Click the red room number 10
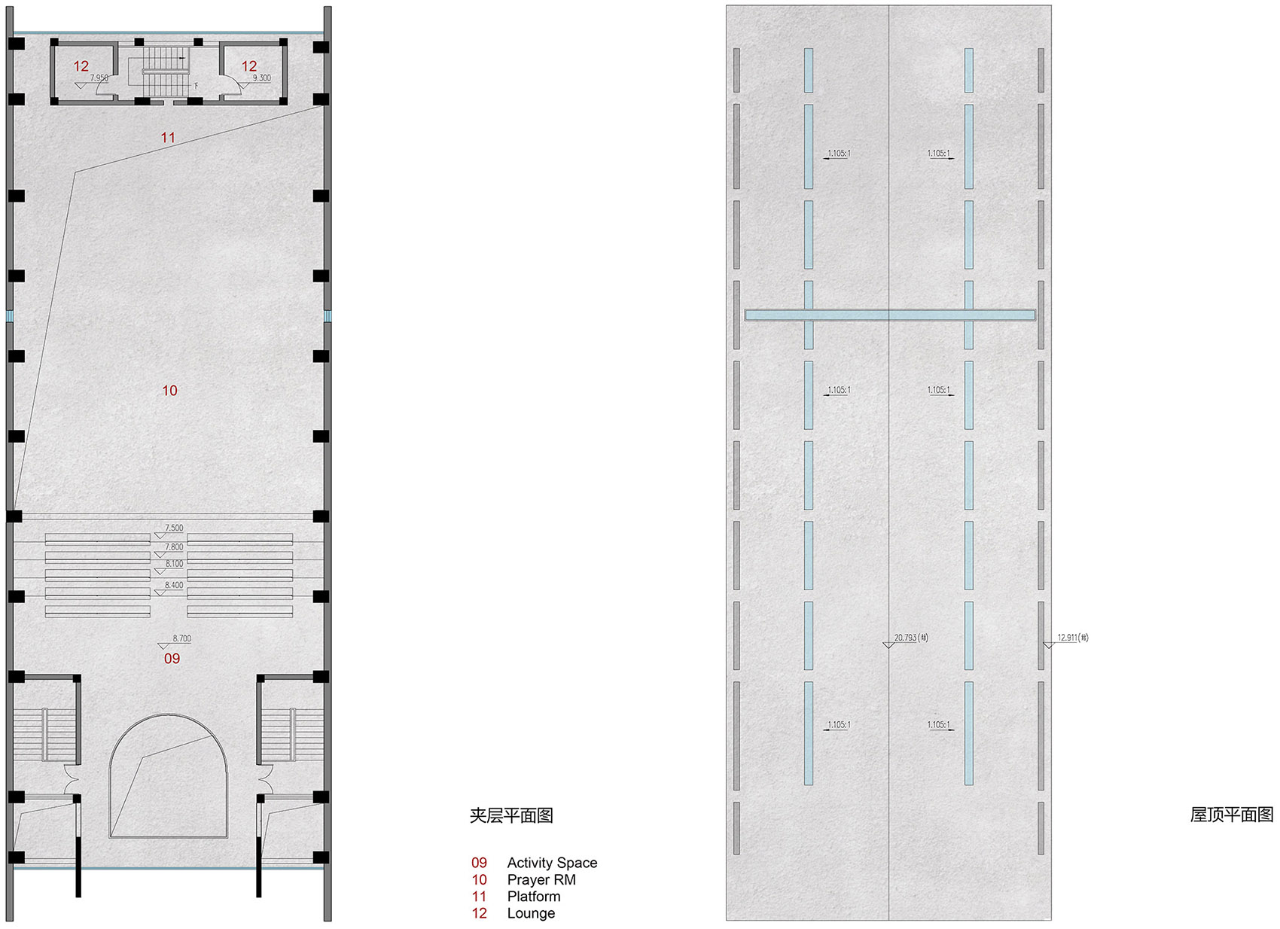click(169, 391)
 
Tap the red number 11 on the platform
click(168, 138)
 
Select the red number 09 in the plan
click(172, 659)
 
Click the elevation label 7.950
click(99, 78)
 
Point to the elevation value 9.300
click(262, 78)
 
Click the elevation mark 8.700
click(182, 638)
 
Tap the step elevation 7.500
click(174, 528)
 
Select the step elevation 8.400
click(174, 585)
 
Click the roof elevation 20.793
click(911, 638)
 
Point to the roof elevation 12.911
click(1073, 638)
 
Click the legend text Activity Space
click(552, 863)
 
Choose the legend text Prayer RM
click(541, 880)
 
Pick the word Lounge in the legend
click(531, 914)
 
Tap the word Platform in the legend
click(534, 897)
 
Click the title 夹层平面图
click(511, 816)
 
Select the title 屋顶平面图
click(1232, 815)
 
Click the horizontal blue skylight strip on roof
click(890, 315)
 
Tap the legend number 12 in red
click(479, 914)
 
